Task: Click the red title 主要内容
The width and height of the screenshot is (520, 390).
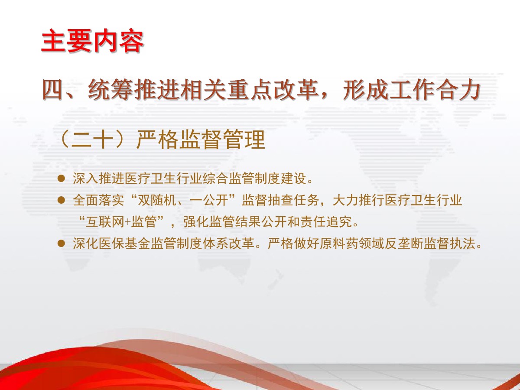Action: pos(92,41)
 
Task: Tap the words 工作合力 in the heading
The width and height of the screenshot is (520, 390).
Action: pos(435,89)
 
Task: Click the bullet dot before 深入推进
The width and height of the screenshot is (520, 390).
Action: pos(61,179)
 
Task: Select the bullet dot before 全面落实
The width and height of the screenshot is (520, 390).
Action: pos(61,200)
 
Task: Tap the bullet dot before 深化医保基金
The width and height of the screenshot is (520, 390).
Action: pos(61,243)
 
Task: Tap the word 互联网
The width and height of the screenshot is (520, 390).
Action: pos(105,222)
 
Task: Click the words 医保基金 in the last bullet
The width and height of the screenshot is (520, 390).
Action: pos(124,244)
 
